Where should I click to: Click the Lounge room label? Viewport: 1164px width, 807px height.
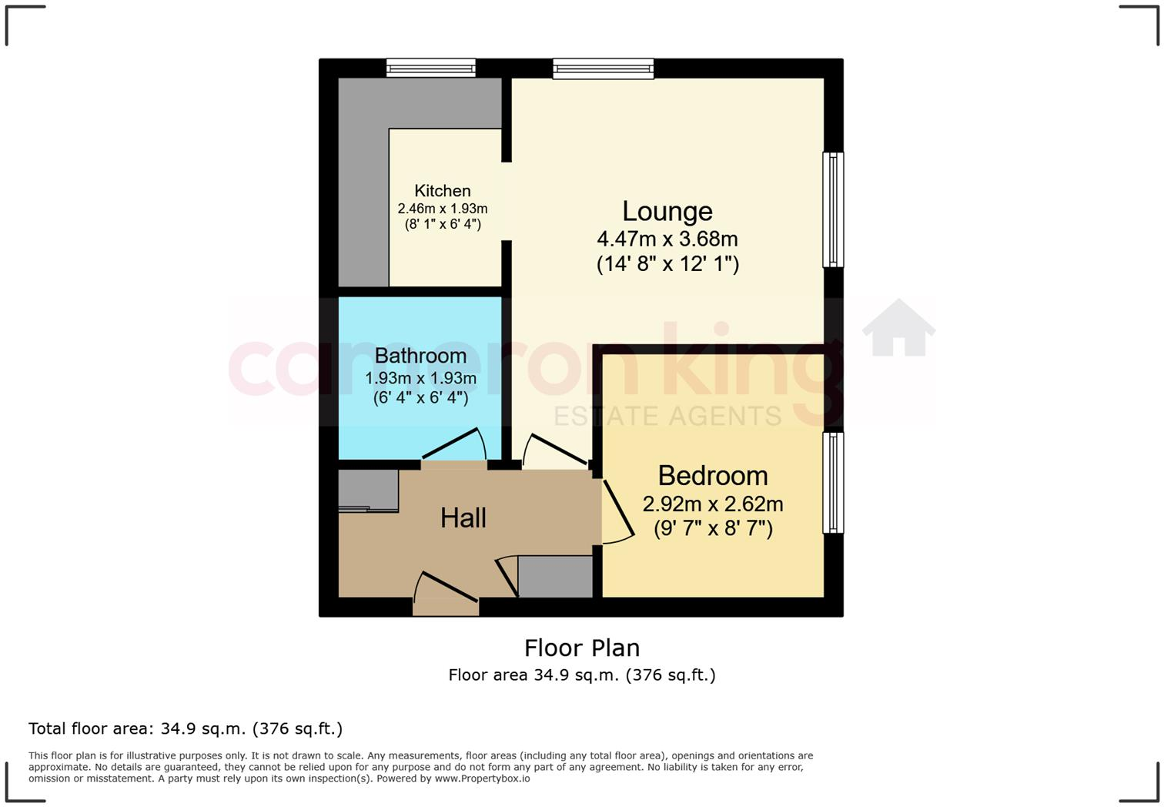[667, 211]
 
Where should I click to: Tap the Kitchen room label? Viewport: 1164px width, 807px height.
[442, 191]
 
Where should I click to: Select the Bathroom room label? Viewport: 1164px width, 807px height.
[420, 356]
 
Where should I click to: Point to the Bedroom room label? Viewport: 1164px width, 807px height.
[712, 476]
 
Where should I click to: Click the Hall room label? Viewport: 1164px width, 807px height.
[463, 518]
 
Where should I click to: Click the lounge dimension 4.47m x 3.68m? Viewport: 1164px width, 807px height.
[667, 239]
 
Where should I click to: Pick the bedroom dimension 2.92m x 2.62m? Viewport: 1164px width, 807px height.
[712, 504]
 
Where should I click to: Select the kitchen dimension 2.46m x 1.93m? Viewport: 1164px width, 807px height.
[442, 209]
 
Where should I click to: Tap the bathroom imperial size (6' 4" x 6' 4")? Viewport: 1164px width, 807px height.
[420, 398]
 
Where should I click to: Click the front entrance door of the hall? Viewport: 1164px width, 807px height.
[446, 589]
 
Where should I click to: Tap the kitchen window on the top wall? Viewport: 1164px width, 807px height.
[430, 69]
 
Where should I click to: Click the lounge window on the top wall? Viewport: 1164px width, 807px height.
[603, 69]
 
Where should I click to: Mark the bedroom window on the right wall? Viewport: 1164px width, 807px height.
[833, 483]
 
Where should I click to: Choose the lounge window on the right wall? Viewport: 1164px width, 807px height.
[833, 209]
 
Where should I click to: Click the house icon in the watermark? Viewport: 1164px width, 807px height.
[898, 328]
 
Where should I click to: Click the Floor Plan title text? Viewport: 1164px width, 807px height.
[581, 648]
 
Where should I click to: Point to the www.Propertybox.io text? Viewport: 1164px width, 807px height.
[482, 779]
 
